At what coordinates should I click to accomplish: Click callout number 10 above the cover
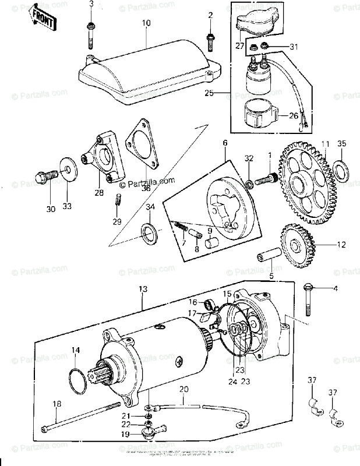146,23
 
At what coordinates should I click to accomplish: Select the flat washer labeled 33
69,171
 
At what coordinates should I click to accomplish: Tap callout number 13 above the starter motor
143,288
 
